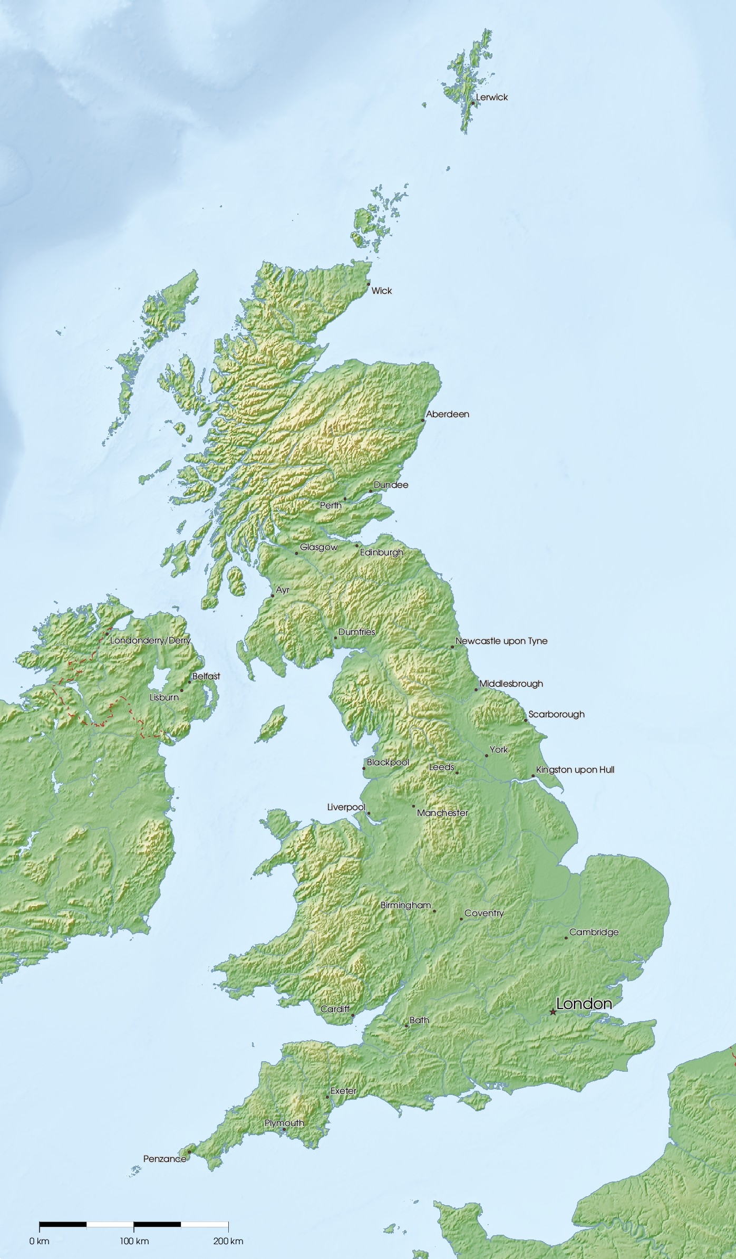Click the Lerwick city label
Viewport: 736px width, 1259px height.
pos(492,98)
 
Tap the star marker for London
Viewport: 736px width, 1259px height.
pos(553,1012)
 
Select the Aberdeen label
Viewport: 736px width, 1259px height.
pos(448,415)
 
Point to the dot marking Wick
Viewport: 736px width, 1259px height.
pos(369,284)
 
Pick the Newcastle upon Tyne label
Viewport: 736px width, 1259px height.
pos(501,641)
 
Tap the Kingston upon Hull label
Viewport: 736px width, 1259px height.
pos(575,770)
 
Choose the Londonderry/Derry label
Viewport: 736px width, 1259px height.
pos(150,641)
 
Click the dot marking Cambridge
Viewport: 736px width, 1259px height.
pos(566,938)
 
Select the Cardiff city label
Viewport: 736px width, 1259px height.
pos(335,1009)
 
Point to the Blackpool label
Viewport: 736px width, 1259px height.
pos(388,763)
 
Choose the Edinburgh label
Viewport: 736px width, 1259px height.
pos(382,553)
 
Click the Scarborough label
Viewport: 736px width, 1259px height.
pos(556,715)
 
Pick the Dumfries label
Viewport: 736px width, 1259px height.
pos(357,632)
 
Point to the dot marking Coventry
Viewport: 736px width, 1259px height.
pos(461,919)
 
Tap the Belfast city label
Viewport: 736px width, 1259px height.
pos(206,676)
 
